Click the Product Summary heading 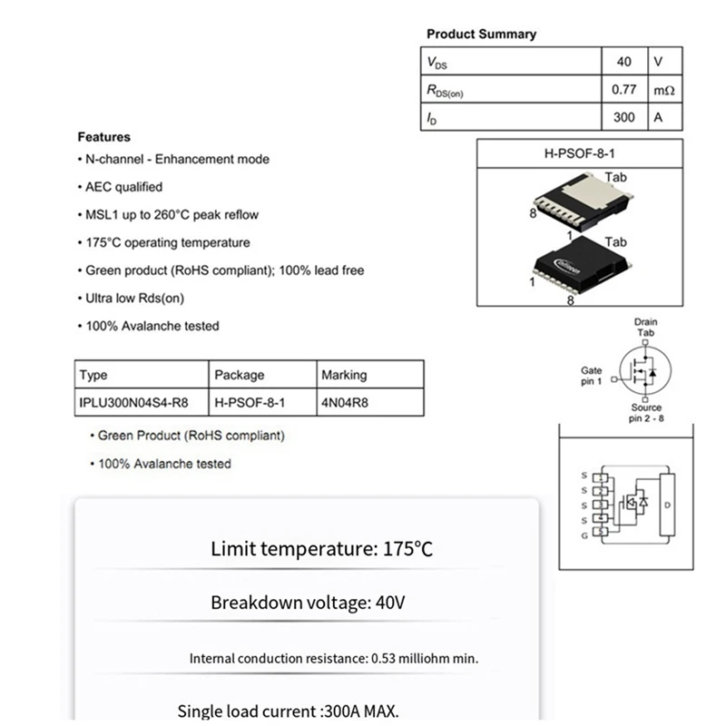(481, 34)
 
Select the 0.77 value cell (623, 90)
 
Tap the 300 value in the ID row (623, 117)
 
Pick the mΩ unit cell (663, 90)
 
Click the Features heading (103, 137)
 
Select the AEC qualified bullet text (123, 187)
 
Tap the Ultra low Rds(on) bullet (134, 298)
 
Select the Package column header (240, 375)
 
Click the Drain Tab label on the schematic (645, 328)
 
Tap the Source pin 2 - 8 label (646, 413)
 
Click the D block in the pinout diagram (667, 504)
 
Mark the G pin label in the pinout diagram (584, 536)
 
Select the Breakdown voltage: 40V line (308, 603)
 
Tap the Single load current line (288, 711)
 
